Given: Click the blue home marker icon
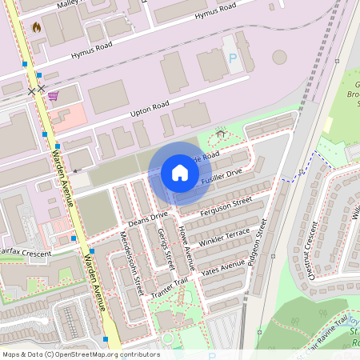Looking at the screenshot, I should click(180, 173).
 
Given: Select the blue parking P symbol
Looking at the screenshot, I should click(233, 58).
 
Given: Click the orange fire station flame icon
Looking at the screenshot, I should click(36, 26).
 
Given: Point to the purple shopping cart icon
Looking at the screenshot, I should click(53, 96).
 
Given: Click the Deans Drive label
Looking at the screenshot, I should click(148, 215).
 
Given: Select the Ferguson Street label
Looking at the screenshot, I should click(226, 206).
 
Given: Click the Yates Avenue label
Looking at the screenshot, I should click(222, 270).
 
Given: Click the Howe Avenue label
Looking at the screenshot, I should click(186, 244).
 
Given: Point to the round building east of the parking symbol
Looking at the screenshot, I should click(279, 58).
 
